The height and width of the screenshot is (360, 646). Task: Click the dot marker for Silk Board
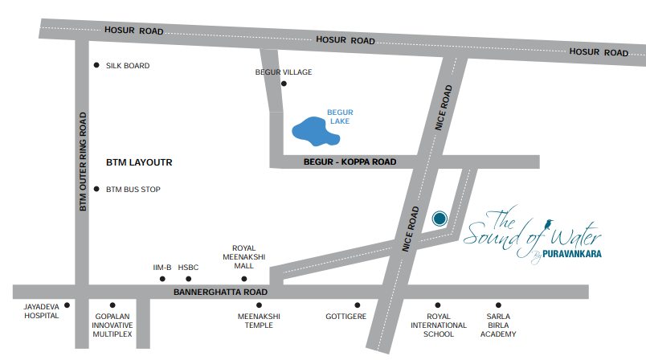point(96,65)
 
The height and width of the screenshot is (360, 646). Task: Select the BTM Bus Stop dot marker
point(96,190)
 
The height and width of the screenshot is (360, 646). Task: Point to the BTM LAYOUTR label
point(139,162)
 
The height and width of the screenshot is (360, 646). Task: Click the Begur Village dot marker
point(283,83)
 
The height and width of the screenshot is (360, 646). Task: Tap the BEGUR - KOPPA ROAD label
point(350,162)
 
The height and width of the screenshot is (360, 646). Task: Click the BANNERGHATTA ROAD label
point(220,292)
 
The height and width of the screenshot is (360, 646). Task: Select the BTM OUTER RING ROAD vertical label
point(83,162)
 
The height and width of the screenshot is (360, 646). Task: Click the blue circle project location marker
point(440,218)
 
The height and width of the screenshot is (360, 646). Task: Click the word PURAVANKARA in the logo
point(571,253)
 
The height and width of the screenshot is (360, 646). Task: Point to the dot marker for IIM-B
point(162,279)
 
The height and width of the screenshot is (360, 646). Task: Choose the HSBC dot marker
point(188,279)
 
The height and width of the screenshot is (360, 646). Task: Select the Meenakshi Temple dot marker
point(259,305)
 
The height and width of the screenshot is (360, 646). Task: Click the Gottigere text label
point(345,317)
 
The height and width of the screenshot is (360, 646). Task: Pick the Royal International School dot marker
point(438,305)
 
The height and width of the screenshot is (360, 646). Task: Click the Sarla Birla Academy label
point(498,325)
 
